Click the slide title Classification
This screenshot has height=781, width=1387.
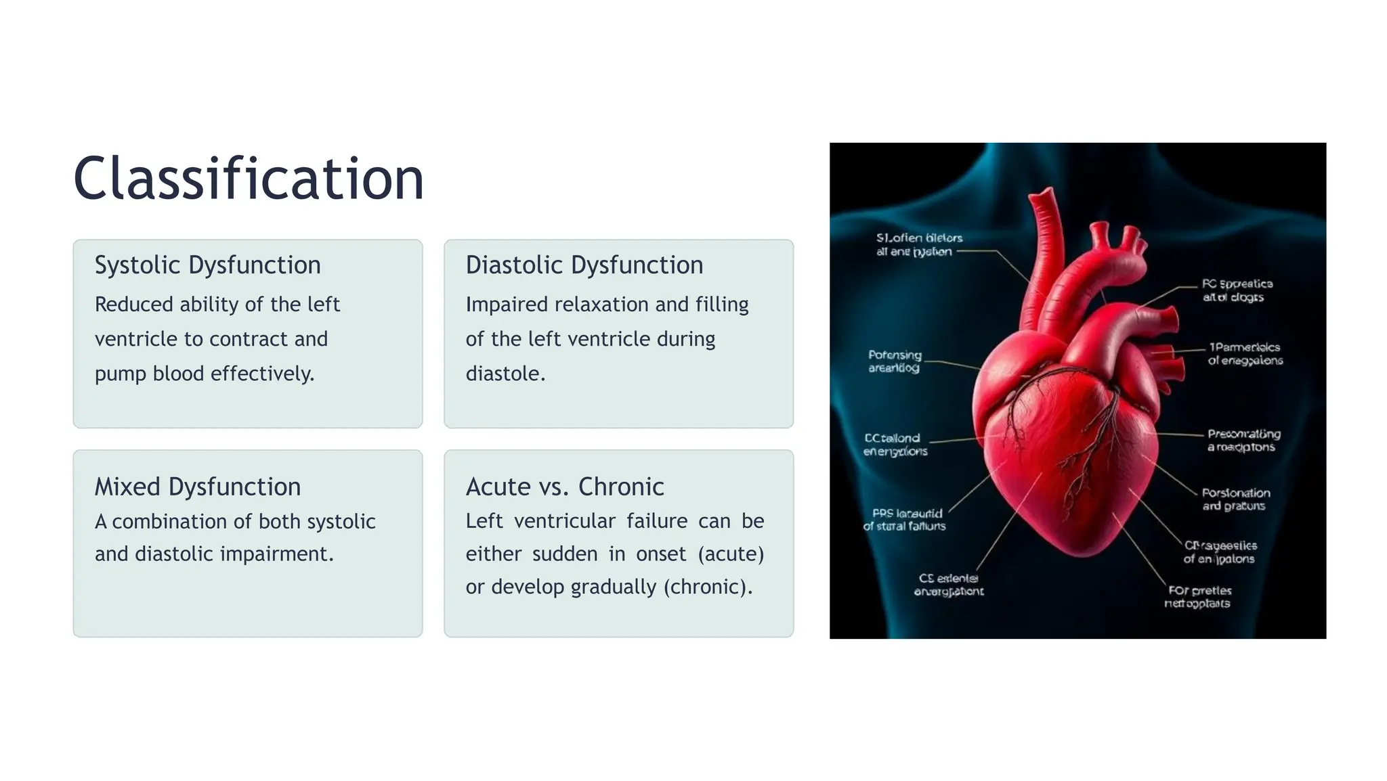[x=249, y=179]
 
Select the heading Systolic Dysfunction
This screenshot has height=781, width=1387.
[x=207, y=265]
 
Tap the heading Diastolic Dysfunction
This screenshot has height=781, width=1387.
[x=584, y=265]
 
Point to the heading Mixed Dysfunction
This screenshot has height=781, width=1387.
[x=197, y=487]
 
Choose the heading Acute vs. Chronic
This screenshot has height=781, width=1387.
[x=564, y=487]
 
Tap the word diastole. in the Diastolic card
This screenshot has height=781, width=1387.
[x=505, y=374]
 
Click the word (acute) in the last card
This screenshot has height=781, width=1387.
[x=731, y=554]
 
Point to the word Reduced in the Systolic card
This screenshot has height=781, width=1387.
[x=134, y=305]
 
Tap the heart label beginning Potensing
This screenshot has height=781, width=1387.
[x=895, y=361]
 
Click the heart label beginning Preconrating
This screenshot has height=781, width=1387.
[x=1243, y=440]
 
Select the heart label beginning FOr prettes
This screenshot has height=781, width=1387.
[x=1198, y=597]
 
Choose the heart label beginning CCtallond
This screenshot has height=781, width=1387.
[x=895, y=445]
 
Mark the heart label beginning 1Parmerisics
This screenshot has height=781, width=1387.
[x=1245, y=353]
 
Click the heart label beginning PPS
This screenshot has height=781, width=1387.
[x=905, y=519]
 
